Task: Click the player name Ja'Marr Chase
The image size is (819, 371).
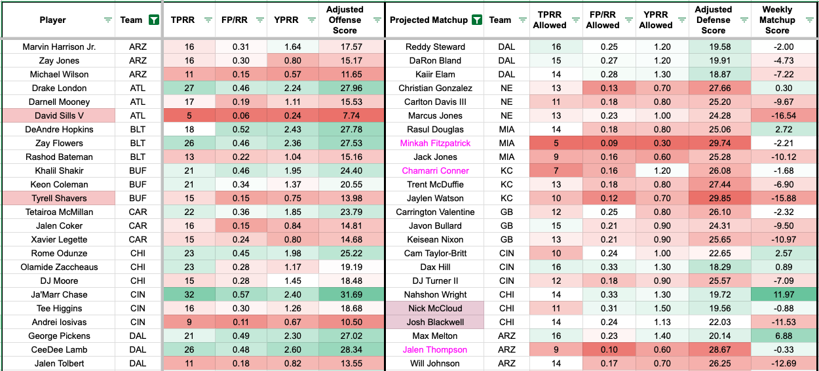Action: [x=58, y=295]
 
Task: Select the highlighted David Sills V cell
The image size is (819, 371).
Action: [x=58, y=116]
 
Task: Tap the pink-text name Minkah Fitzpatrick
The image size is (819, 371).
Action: [x=435, y=144]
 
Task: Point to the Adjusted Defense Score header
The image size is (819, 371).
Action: [x=714, y=20]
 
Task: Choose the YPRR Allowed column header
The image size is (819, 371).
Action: [x=656, y=20]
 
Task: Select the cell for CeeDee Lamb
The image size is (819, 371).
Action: [x=58, y=350]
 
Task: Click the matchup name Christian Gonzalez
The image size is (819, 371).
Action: [x=435, y=88]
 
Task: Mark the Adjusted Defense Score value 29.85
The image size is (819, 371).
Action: [x=714, y=199]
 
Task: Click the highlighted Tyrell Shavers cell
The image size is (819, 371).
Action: [x=58, y=199]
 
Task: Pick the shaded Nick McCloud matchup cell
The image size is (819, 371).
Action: [x=435, y=309]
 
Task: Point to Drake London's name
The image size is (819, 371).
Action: [x=58, y=88]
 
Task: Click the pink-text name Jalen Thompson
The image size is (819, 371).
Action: [x=435, y=350]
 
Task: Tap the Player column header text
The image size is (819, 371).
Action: [x=52, y=20]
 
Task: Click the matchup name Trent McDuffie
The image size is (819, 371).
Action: [x=435, y=185]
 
